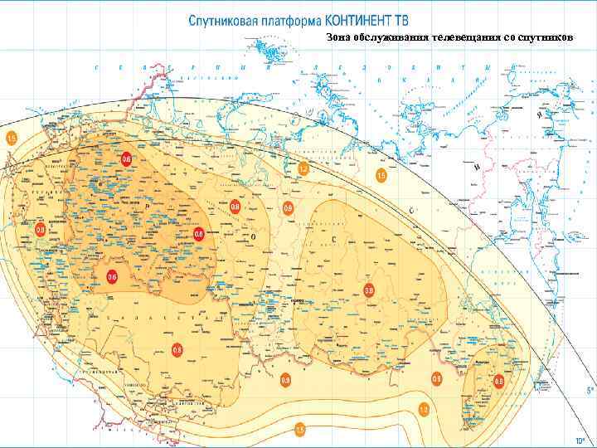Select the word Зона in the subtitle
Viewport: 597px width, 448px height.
[x=338, y=38]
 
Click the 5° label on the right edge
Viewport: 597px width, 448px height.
[x=590, y=389]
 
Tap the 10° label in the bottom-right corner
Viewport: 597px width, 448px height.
[x=581, y=441]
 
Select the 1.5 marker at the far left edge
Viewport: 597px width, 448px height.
[x=12, y=136]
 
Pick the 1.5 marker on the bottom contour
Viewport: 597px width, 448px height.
[x=300, y=429]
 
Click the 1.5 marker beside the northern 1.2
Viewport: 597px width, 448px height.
[x=381, y=176]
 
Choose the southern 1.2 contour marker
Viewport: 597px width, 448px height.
[x=424, y=409]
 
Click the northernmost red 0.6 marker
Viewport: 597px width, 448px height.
[x=127, y=158]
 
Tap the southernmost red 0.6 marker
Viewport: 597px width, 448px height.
[x=113, y=276]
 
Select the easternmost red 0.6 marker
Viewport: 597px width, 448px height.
[x=198, y=235]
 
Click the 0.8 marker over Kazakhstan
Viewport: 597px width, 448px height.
[x=177, y=350]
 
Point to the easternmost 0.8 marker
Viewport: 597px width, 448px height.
[x=498, y=381]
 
